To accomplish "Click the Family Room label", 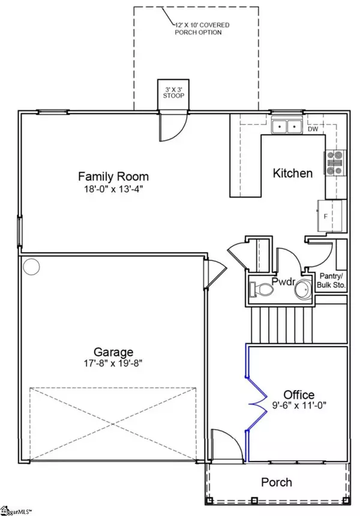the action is [x=113, y=176].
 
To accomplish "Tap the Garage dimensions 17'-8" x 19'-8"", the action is [x=113, y=364].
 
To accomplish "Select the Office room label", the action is [x=299, y=395].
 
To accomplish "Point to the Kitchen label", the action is [x=293, y=173].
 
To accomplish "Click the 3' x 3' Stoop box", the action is [x=173, y=94].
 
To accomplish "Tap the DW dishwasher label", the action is [x=313, y=130].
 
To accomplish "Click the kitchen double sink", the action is [x=287, y=125].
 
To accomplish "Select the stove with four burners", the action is [x=335, y=163].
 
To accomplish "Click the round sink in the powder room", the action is [x=302, y=290].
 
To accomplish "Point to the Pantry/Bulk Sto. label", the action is [x=331, y=280].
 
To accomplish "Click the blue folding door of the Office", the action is [x=257, y=403].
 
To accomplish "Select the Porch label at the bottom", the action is [x=277, y=482].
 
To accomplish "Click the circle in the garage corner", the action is [x=32, y=266].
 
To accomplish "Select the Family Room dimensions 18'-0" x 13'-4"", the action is [x=113, y=189].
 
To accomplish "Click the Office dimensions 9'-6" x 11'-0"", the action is [x=299, y=405].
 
